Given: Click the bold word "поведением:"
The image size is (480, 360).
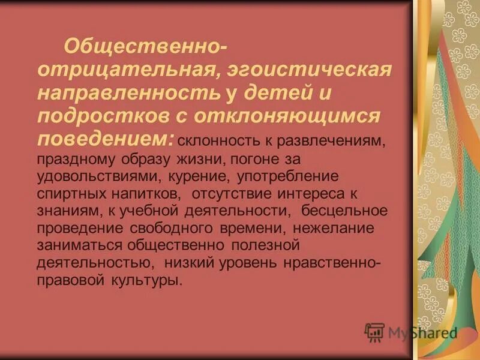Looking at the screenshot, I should tap(106, 137).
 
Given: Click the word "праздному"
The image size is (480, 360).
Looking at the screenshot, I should tap(73, 160).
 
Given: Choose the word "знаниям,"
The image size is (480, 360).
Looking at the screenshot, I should tap(62, 211).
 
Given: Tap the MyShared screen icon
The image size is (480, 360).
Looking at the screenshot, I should tap(374, 332).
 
